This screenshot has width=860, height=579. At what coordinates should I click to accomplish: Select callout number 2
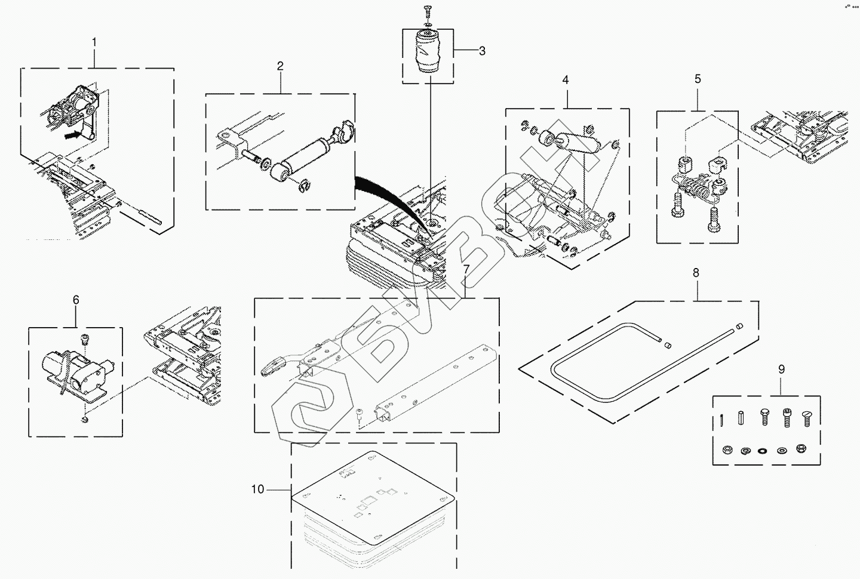click(x=279, y=66)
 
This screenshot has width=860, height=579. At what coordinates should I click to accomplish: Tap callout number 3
click(x=482, y=51)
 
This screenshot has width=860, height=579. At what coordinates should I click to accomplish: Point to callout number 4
click(x=565, y=80)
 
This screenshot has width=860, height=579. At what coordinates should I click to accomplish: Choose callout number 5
click(x=698, y=79)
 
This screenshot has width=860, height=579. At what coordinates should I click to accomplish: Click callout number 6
click(x=76, y=300)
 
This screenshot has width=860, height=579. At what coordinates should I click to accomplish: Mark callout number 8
click(x=696, y=273)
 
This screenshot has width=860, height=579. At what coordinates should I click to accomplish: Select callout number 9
click(x=781, y=369)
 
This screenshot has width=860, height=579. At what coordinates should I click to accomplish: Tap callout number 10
click(x=257, y=489)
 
